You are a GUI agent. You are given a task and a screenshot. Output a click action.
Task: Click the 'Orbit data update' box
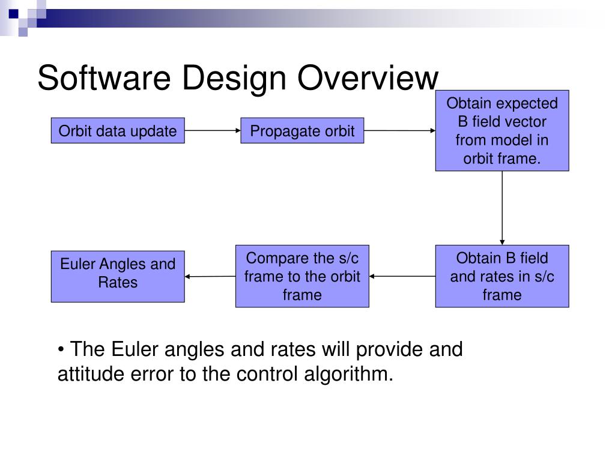click(x=118, y=130)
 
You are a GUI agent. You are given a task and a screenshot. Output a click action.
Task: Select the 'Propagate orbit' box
click(x=302, y=130)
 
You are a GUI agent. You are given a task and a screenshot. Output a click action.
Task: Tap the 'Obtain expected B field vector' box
click(x=502, y=131)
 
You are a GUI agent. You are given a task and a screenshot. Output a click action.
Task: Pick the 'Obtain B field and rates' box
click(x=502, y=276)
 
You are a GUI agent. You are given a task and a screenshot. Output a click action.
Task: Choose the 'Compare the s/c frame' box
click(x=302, y=276)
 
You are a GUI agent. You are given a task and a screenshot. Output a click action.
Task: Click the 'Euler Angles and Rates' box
click(x=118, y=276)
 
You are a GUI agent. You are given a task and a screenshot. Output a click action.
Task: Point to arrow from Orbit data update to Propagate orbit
click(x=213, y=130)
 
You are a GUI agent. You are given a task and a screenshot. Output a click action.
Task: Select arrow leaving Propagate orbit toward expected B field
click(x=399, y=130)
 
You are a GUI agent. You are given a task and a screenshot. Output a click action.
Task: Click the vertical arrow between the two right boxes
click(x=502, y=208)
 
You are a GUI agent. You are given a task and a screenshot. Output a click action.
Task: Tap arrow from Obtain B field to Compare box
click(x=402, y=276)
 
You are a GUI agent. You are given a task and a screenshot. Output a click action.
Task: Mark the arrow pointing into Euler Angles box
click(x=210, y=276)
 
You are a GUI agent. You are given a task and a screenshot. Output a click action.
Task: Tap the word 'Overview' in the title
click(x=368, y=79)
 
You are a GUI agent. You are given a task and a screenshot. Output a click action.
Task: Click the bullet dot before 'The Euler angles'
click(x=61, y=350)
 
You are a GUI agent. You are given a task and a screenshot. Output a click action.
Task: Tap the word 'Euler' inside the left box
click(x=78, y=264)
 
